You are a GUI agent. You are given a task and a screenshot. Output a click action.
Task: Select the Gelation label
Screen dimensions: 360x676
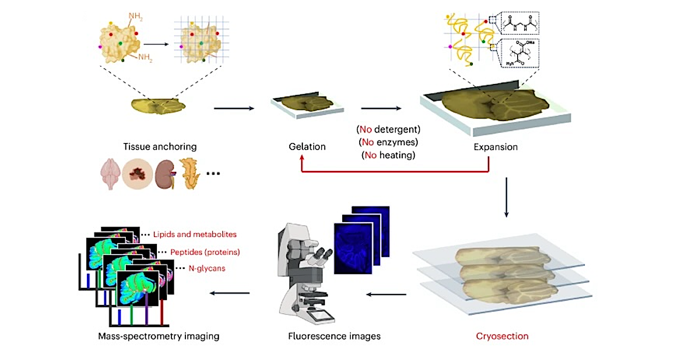point(307,147)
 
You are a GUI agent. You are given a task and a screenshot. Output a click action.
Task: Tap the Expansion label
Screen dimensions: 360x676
point(496,147)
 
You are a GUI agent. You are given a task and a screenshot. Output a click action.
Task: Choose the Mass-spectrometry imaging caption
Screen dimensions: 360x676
point(158,336)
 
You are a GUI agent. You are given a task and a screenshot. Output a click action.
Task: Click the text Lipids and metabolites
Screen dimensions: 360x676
point(195,234)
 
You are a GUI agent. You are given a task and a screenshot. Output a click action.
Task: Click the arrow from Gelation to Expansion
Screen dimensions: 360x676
point(381,107)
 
